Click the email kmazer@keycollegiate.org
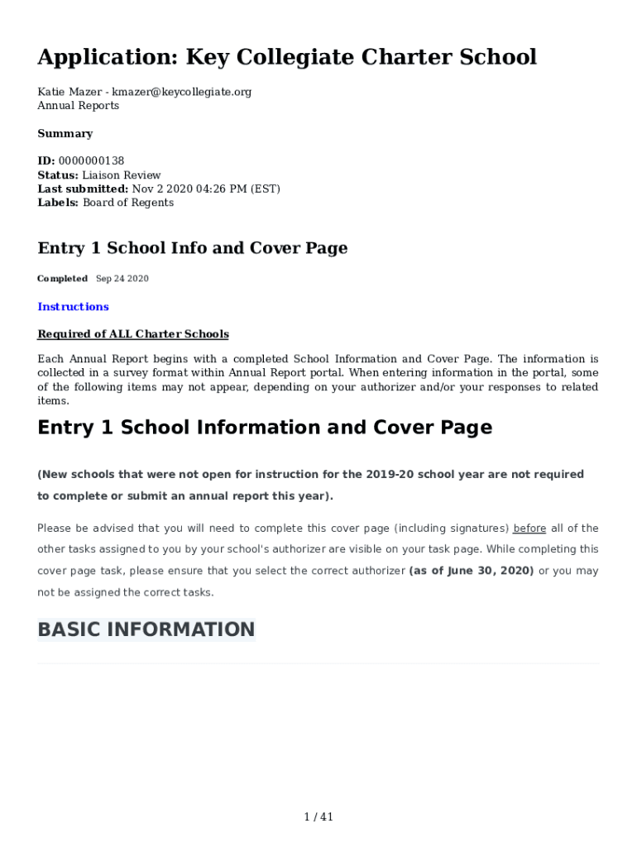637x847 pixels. pos(181,92)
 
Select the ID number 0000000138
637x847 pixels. pos(91,160)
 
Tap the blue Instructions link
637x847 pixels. pos(73,307)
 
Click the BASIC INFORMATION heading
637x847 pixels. pos(146,629)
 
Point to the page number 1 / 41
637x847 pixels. pos(318,817)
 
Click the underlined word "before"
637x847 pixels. pos(529,529)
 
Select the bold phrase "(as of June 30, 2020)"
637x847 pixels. pos(472,571)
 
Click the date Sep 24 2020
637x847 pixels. pos(122,279)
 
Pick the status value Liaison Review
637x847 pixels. pos(122,175)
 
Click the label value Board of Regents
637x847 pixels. pos(128,203)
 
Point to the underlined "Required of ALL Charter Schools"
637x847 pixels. pos(133,334)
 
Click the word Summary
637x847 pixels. pos(65,133)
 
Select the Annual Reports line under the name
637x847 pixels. pos(78,106)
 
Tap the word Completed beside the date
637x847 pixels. pos(62,279)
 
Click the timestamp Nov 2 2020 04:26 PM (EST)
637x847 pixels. pos(206,189)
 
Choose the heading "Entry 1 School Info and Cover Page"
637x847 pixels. pos(192,248)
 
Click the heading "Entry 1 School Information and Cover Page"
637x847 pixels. pos(265,428)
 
